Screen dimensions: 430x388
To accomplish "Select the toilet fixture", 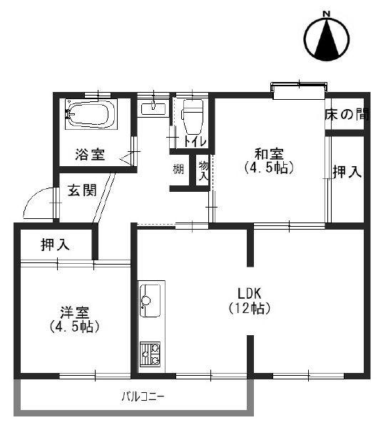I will coord(191,118).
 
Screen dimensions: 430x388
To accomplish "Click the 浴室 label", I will coord(91,154).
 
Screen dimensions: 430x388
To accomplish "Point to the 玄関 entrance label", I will coord(82,191).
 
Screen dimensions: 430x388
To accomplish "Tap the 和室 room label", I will coord(269,154).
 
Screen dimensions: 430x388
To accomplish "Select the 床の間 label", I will coord(347,115).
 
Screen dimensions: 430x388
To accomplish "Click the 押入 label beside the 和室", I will coord(346,172).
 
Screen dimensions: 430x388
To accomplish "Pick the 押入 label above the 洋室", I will coord(55,245).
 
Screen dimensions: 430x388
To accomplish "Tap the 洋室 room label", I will coord(73,312).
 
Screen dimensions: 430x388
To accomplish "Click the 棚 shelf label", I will coord(178,170).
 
